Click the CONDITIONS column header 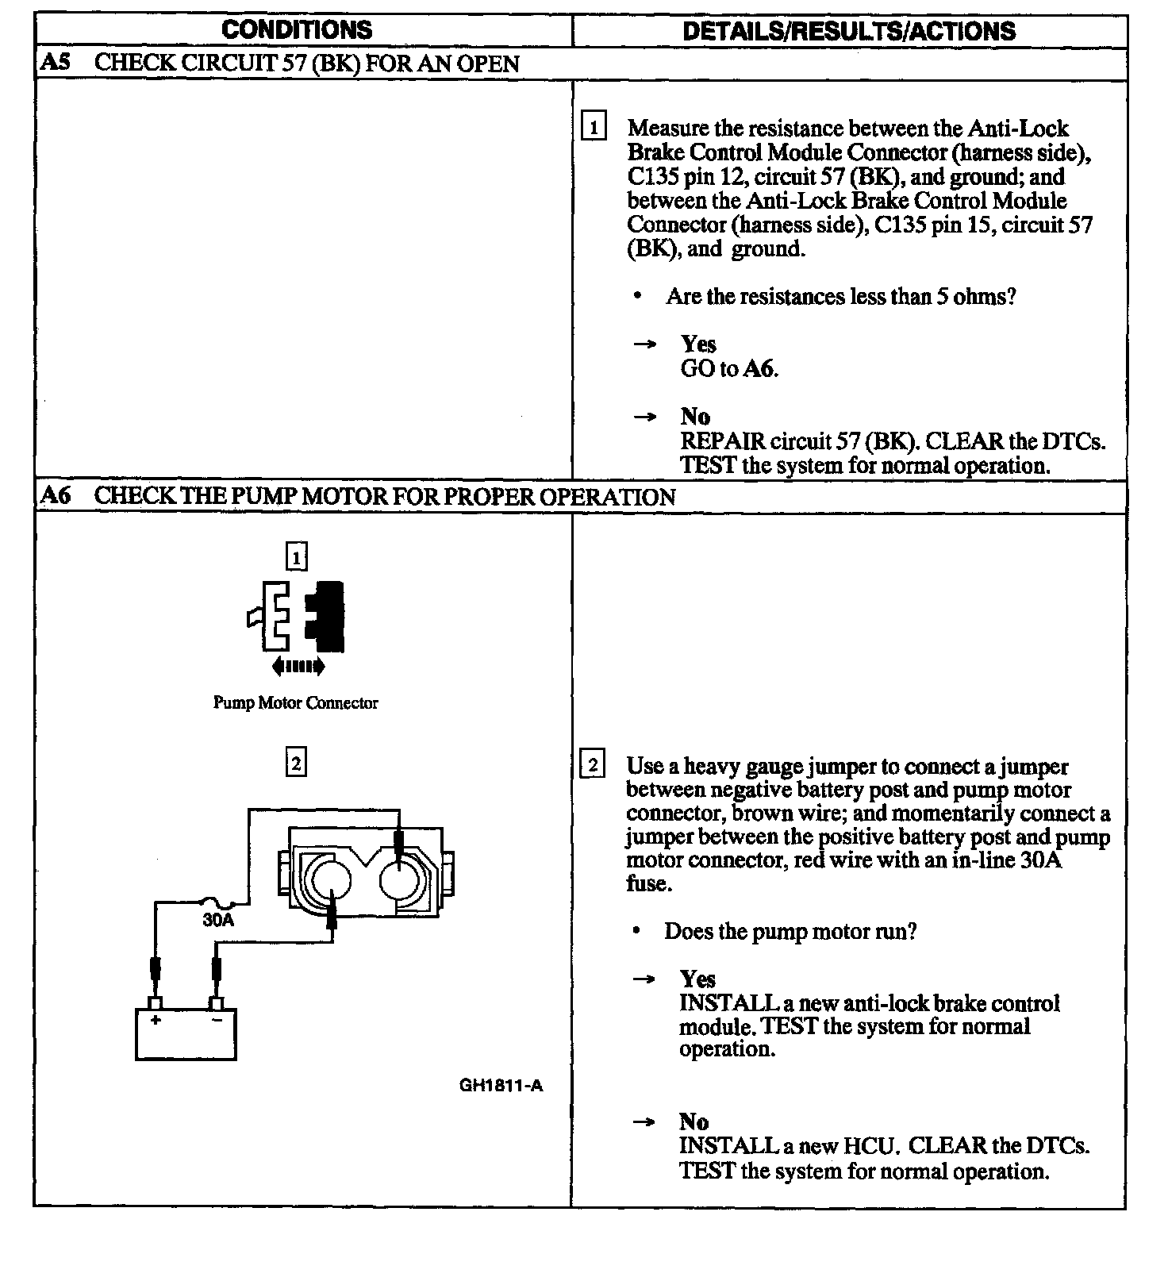[x=297, y=30]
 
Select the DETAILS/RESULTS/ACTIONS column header [x=849, y=31]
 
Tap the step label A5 [x=55, y=63]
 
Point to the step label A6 [x=55, y=496]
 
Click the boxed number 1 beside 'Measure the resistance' [x=594, y=127]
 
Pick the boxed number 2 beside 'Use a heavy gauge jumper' [x=593, y=765]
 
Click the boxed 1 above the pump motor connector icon [x=296, y=557]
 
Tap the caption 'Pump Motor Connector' [x=295, y=702]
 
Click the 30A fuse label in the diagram [x=218, y=920]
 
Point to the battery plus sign [x=156, y=1020]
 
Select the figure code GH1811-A [x=501, y=1086]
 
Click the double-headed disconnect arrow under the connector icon [x=298, y=667]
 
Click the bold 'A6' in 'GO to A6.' [x=759, y=368]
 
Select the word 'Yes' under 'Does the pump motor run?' [x=697, y=979]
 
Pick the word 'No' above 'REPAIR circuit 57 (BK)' [x=695, y=416]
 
